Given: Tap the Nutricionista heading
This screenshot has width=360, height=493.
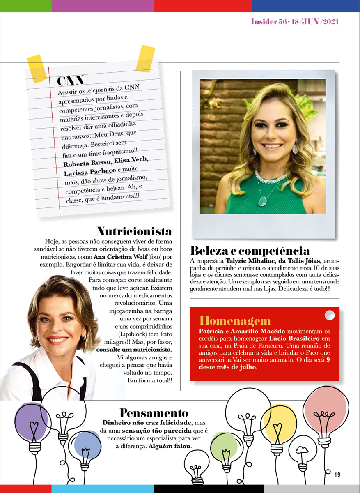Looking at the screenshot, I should pyautogui.click(x=134, y=231).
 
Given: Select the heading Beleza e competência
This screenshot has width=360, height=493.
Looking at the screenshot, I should pyautogui.click(x=250, y=250).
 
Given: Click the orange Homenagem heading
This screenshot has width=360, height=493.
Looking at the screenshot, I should pyautogui.click(x=235, y=321).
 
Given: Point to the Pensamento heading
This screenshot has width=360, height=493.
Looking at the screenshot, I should pyautogui.click(x=154, y=413).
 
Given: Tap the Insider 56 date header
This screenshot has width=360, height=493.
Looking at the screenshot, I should pyautogui.click(x=295, y=22).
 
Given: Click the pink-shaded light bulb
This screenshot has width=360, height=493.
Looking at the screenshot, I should pyautogui.click(x=327, y=415).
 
